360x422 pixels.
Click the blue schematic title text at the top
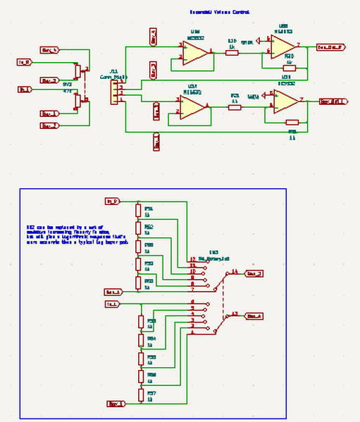(219, 12)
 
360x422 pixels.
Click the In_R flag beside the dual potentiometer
(25, 62)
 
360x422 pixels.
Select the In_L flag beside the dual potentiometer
(25, 89)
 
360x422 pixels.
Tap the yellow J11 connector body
(113, 92)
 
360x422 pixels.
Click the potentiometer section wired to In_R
(77, 71)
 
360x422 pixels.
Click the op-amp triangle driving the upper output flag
(282, 48)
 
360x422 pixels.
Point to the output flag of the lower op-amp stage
(333, 101)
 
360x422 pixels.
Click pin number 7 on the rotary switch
(192, 290)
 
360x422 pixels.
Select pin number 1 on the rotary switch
(192, 334)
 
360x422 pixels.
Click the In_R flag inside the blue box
(112, 201)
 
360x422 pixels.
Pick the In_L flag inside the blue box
(112, 304)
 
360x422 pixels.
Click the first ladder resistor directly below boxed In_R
(139, 211)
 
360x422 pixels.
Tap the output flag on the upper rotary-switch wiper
(254, 273)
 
